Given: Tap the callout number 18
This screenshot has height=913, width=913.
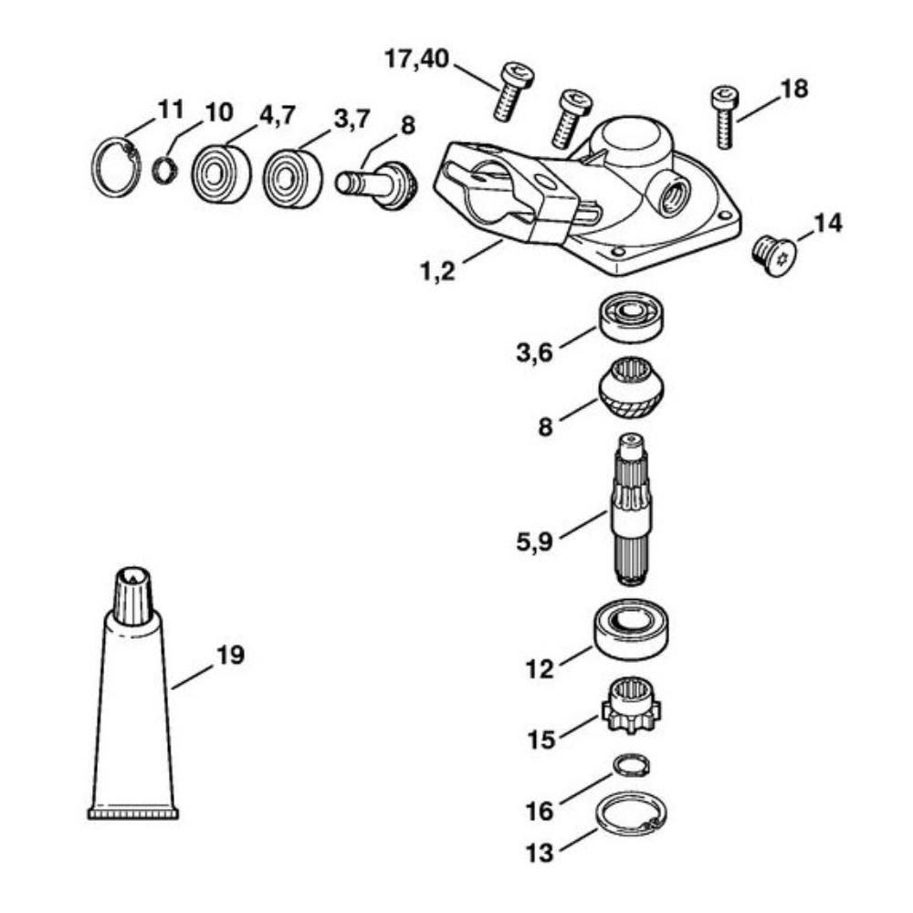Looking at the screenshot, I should pos(794,89).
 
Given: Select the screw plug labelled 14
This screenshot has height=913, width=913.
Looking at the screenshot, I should pos(771,257).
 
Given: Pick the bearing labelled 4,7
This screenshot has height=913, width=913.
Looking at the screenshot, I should pos(221,173).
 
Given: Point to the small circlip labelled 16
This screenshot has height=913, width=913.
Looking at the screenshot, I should pos(633,765).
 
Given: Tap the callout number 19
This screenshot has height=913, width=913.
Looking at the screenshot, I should pos(231,655).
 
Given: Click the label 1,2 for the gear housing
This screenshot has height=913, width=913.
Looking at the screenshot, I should pos(438,271).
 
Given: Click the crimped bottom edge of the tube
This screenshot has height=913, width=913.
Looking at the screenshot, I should pos(133,812).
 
